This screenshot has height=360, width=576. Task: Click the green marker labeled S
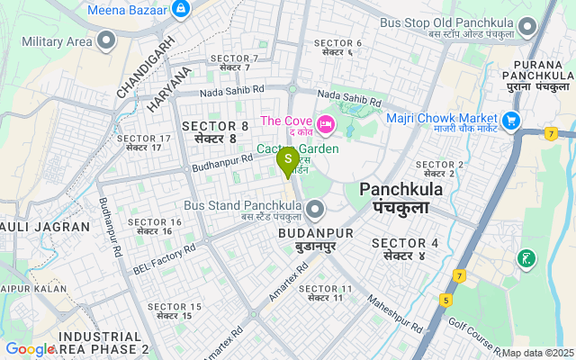(x=288, y=160)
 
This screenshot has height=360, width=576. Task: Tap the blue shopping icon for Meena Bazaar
(x=181, y=9)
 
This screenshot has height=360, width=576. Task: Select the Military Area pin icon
(x=107, y=40)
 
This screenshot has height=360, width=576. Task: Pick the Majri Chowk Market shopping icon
(x=512, y=119)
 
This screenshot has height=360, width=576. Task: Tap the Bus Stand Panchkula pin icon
(x=314, y=211)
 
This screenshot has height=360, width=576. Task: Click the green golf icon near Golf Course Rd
(x=526, y=260)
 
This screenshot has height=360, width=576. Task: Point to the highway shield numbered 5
(x=445, y=299)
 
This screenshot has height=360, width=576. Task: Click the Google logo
(x=30, y=349)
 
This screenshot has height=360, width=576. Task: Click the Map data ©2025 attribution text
(x=537, y=353)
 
